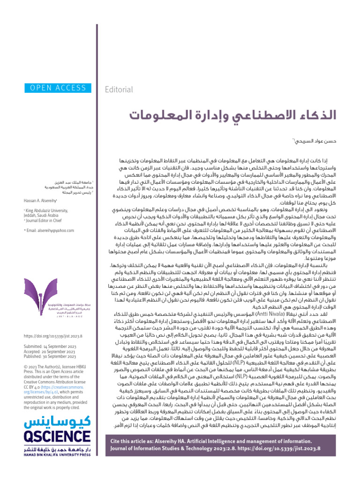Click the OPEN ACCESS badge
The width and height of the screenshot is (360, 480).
pyautogui.click(x=55, y=87)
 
